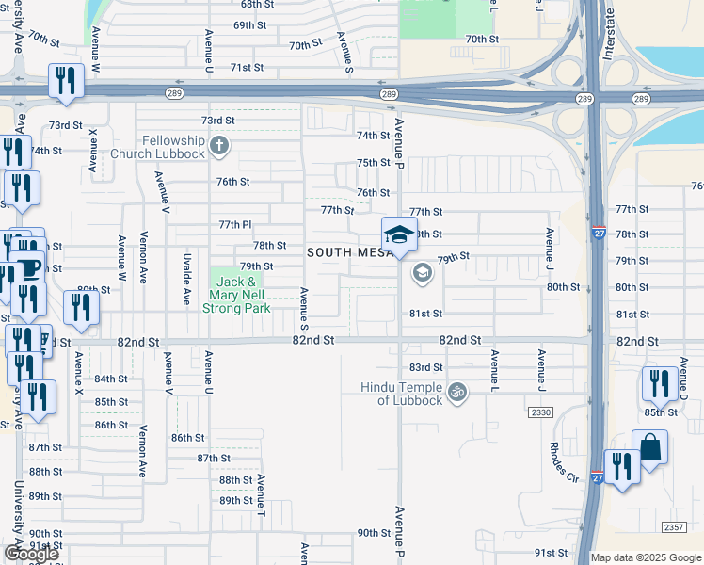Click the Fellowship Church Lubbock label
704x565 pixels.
(x=157, y=147)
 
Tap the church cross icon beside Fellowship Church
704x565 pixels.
(x=219, y=146)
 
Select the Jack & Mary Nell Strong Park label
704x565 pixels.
(x=239, y=295)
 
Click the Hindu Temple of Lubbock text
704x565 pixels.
(x=402, y=394)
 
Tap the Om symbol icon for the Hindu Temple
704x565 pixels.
(x=457, y=391)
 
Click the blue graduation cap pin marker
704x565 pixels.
(x=399, y=235)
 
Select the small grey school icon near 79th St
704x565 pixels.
(x=422, y=274)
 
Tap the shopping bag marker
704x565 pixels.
(x=649, y=448)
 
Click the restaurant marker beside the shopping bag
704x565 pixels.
(x=622, y=467)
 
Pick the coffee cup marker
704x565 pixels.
(x=28, y=266)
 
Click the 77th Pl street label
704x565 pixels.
(x=235, y=225)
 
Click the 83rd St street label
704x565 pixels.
(x=425, y=367)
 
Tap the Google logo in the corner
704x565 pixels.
(x=32, y=554)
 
